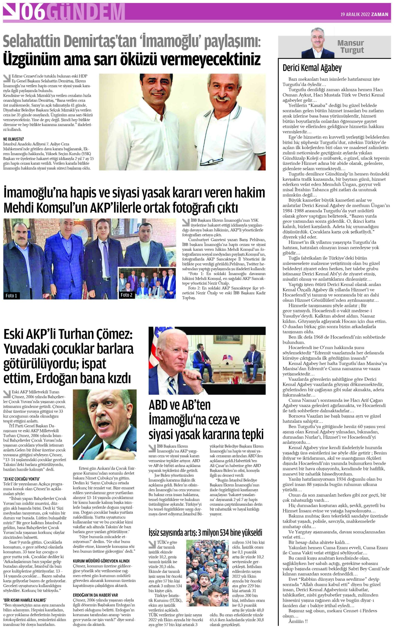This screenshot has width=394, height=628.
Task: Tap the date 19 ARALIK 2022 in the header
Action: tap(355, 14)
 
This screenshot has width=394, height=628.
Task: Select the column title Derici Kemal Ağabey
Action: tap(312, 68)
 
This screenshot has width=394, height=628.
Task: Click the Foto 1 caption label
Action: tap(11, 296)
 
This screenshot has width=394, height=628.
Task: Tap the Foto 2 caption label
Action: tap(126, 295)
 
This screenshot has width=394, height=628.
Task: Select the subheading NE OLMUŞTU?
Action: tap(13, 139)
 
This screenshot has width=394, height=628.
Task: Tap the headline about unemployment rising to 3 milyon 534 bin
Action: tap(205, 532)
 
